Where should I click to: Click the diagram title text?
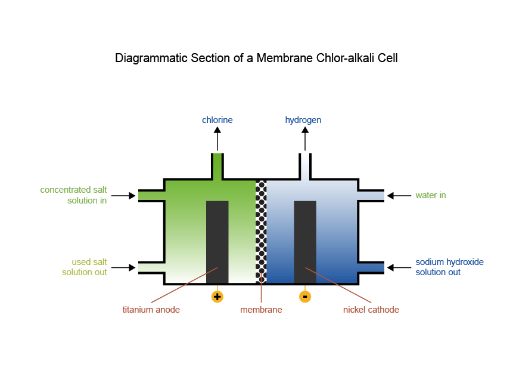256,58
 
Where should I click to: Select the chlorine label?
217,120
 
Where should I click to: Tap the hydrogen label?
303,120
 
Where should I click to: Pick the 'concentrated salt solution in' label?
73,195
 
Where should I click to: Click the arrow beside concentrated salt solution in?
123,196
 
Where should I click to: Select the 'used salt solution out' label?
84,267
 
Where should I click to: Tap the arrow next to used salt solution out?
123,268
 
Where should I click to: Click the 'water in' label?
431,195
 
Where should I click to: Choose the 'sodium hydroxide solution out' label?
449,267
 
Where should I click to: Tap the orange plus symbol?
217,297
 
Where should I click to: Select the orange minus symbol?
305,297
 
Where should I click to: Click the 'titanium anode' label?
151,310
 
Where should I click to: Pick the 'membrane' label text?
261,310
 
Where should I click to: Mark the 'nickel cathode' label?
371,310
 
